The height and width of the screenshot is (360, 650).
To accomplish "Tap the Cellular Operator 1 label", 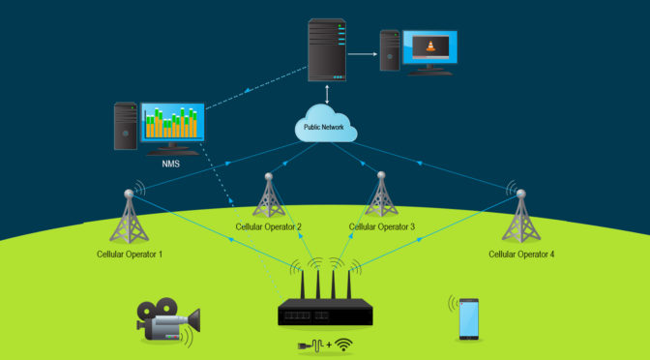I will (x=130, y=255).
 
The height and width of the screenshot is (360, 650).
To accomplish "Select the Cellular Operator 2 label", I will (x=269, y=227).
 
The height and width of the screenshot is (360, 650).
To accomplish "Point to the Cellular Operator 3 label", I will (x=382, y=227).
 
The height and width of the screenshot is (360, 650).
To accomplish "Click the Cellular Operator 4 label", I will (x=521, y=255).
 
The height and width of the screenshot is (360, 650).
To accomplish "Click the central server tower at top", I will (x=326, y=50).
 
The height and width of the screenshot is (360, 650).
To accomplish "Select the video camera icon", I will (x=166, y=320).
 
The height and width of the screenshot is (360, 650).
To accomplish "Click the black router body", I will (x=325, y=312).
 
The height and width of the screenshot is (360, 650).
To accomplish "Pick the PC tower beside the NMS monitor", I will (x=125, y=126).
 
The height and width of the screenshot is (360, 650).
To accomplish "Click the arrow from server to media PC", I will (x=363, y=54).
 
